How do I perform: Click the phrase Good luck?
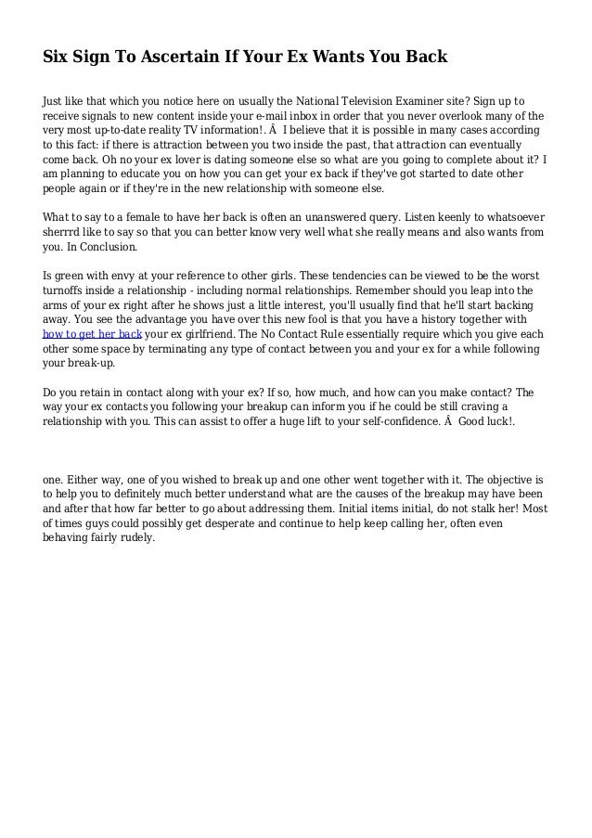click(x=487, y=426)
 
